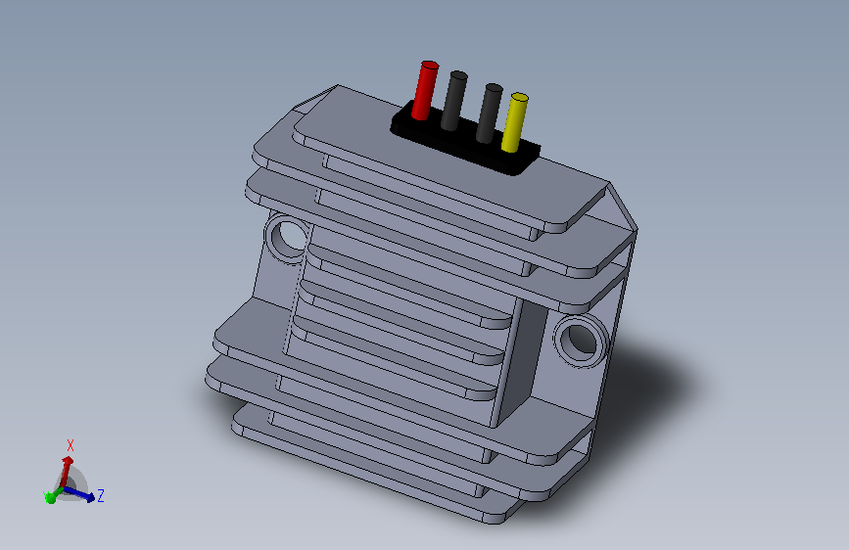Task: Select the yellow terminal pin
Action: click(514, 123)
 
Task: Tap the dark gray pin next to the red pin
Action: click(453, 102)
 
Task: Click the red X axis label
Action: click(70, 445)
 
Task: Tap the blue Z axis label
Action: click(101, 496)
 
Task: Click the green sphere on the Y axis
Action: click(50, 498)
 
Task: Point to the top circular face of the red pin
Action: click(429, 67)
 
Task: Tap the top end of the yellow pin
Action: click(519, 98)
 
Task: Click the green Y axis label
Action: click(45, 493)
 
